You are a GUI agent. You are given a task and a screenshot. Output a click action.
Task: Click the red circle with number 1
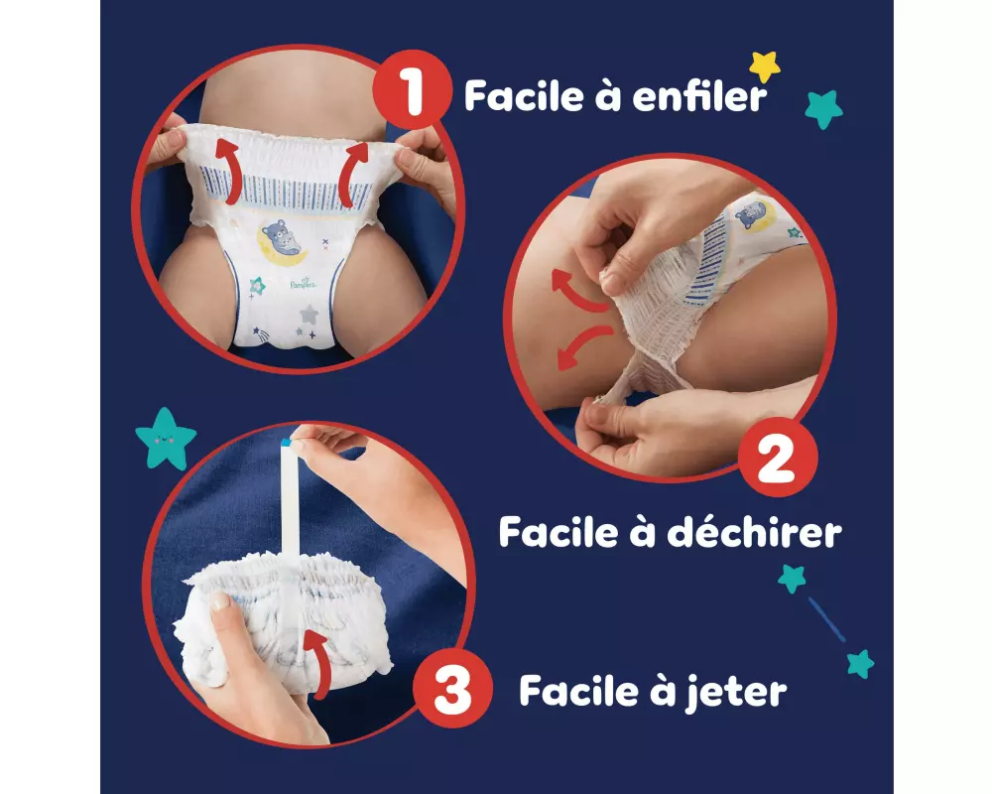(x=412, y=89)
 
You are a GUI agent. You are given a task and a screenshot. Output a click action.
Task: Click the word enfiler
(x=699, y=96)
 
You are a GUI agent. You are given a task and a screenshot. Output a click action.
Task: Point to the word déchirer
(x=754, y=532)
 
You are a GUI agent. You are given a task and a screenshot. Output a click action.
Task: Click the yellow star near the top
(x=765, y=66)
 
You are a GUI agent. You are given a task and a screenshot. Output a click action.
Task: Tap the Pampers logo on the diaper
(x=303, y=283)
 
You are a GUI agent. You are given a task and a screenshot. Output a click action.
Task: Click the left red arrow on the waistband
(x=229, y=171)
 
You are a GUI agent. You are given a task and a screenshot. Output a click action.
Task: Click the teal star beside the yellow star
(x=823, y=109)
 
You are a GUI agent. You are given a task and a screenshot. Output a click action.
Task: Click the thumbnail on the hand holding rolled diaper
(x=219, y=602)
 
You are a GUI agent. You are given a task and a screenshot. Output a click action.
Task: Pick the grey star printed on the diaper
(x=309, y=314)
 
